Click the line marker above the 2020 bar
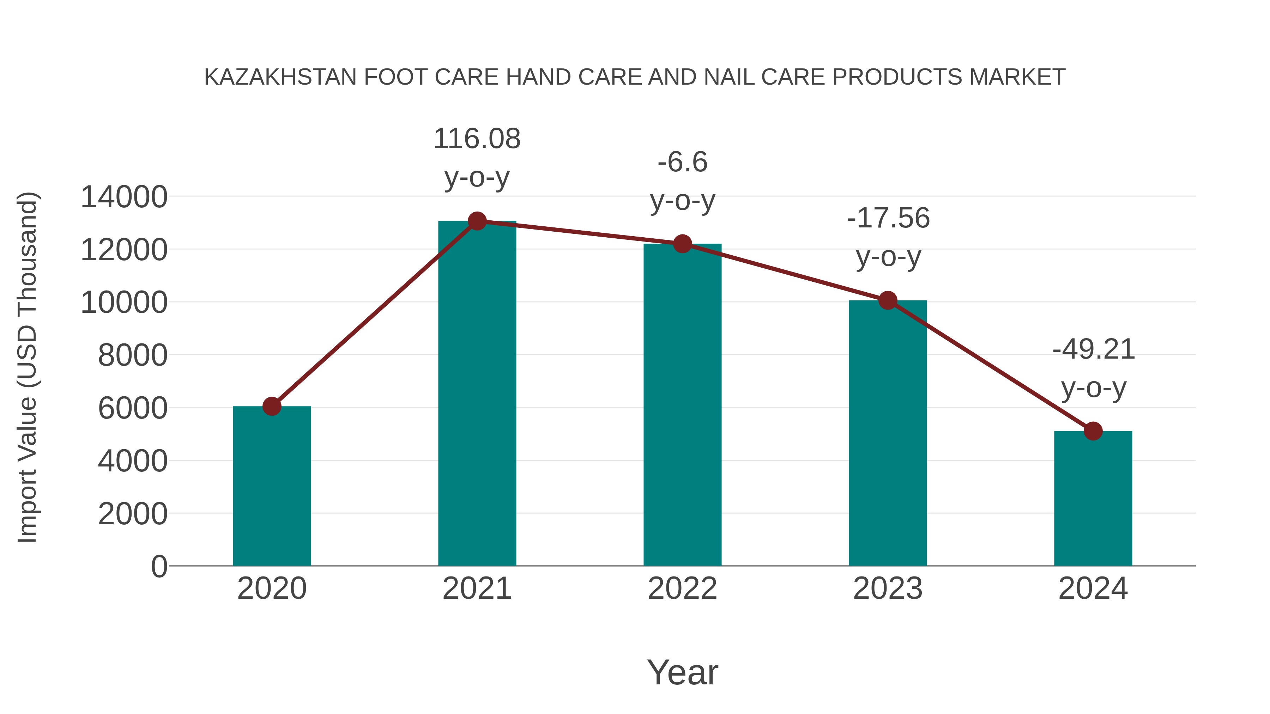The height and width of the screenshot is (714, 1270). click(272, 407)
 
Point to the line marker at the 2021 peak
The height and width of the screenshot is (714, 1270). click(477, 221)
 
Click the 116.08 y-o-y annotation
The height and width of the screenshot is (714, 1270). click(477, 139)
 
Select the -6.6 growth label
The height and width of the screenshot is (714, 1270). click(682, 162)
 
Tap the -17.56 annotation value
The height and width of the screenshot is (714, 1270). click(888, 218)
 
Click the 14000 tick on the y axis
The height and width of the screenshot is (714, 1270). click(124, 197)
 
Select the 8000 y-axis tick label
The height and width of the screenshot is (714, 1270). click(133, 355)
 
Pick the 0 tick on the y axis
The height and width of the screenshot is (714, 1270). click(159, 566)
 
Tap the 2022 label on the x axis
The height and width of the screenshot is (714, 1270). click(682, 588)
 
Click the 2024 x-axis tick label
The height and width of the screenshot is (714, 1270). click(1093, 588)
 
